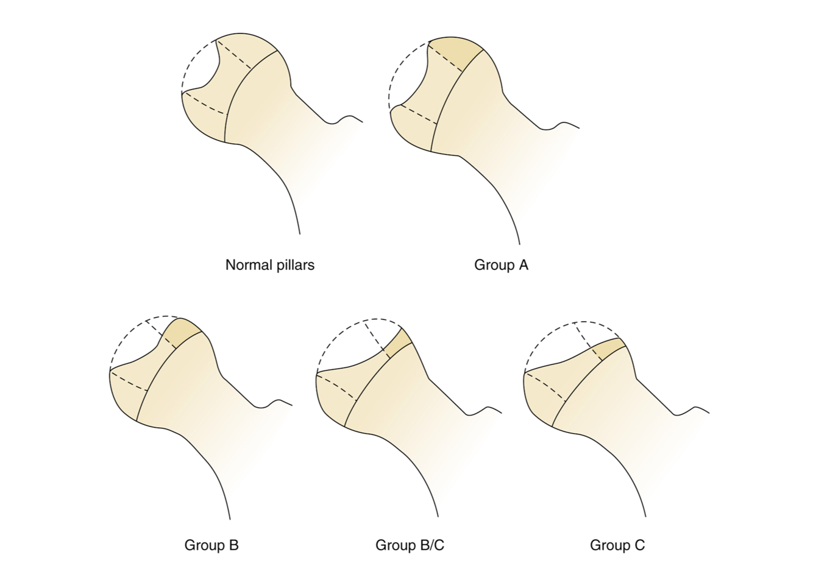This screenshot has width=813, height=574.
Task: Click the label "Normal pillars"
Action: click(x=269, y=265)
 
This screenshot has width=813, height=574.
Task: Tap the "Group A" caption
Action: click(x=501, y=265)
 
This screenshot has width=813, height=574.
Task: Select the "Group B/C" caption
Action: click(x=410, y=545)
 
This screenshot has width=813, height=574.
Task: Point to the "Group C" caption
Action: click(x=617, y=545)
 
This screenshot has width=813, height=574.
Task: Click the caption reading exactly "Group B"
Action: click(x=211, y=545)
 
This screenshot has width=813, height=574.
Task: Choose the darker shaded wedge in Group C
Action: click(x=609, y=349)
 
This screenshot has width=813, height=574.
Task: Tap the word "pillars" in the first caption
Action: click(x=295, y=265)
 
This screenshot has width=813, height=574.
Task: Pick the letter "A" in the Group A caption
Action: click(x=523, y=265)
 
